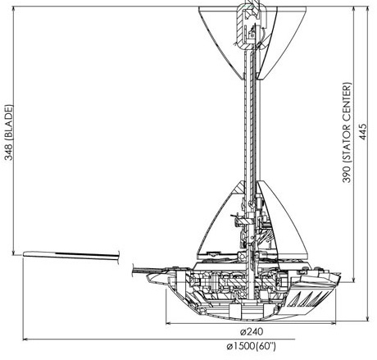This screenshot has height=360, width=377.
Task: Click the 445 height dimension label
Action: click(x=363, y=132)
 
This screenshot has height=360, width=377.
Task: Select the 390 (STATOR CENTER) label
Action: click(x=347, y=133)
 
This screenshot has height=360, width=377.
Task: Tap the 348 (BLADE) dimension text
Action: click(x=9, y=133)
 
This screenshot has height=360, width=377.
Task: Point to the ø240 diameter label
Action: click(x=252, y=331)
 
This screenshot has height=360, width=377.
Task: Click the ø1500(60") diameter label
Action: click(x=251, y=346)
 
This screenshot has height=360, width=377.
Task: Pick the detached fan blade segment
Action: click(x=71, y=255)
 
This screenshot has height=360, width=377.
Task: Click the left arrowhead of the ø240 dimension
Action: click(x=168, y=323)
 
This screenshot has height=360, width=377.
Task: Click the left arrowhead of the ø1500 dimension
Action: click(x=25, y=339)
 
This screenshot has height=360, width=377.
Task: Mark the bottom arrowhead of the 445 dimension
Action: click(x=368, y=318)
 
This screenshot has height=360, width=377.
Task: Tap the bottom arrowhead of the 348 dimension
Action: click(x=13, y=253)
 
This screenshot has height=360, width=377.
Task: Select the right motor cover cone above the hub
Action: click(x=281, y=221)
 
